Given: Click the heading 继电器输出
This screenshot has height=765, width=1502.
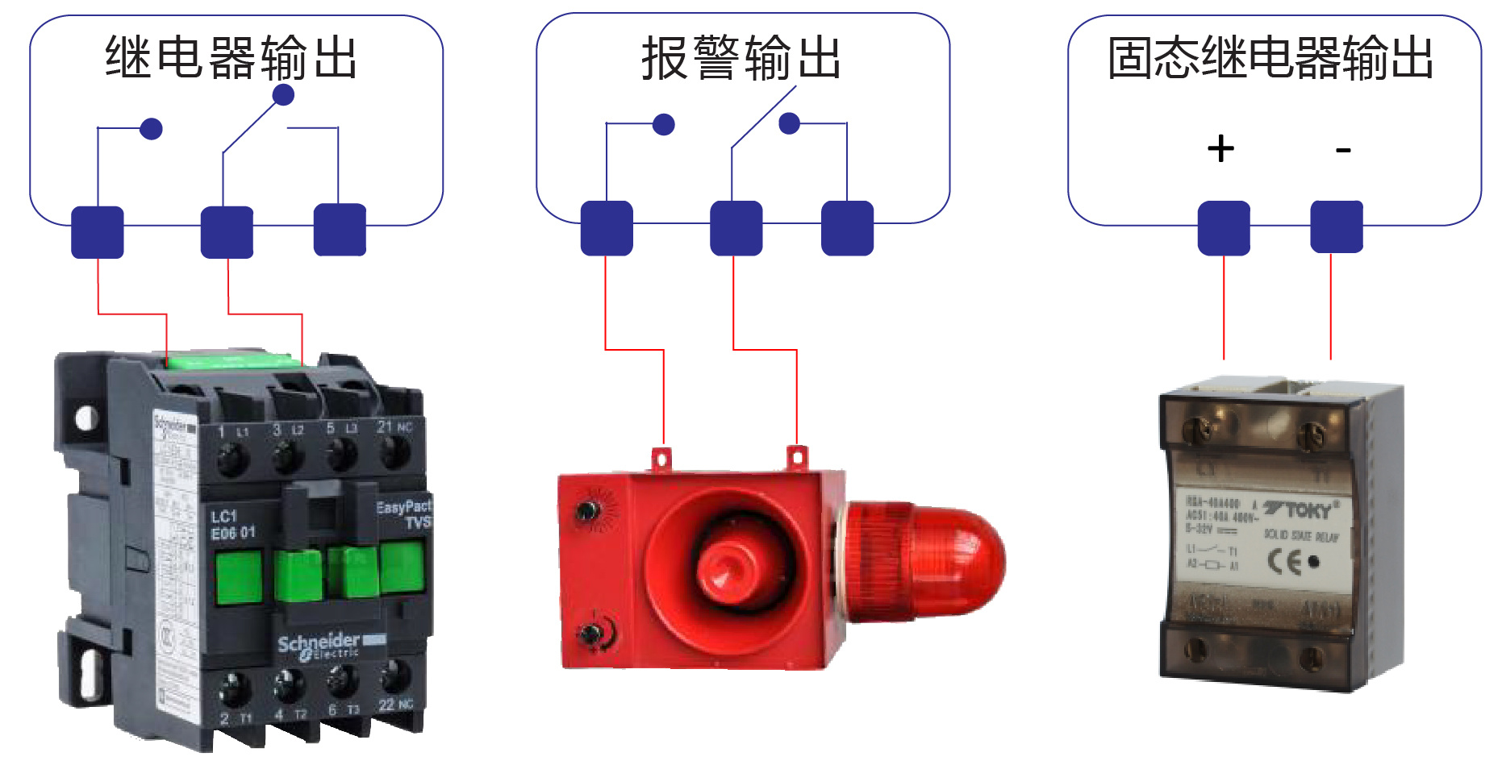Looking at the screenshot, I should click(232, 58).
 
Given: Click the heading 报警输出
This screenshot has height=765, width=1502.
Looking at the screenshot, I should click(741, 58).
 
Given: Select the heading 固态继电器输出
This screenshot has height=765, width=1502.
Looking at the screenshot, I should click(1270, 58).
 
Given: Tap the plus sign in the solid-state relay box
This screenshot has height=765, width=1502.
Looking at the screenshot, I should click(1220, 149).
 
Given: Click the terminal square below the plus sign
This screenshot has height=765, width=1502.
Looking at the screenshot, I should click(1224, 228).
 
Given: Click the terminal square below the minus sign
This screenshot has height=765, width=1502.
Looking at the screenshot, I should click(1337, 227).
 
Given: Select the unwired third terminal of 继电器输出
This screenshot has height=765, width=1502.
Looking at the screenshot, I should click(340, 230).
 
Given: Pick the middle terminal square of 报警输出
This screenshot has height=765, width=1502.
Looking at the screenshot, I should click(736, 228).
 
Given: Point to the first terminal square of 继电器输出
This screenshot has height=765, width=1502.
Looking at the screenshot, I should click(98, 232).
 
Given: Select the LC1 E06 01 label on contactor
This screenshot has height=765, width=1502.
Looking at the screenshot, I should click(233, 525).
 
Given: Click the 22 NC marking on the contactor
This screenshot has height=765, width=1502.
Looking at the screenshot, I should click(395, 705).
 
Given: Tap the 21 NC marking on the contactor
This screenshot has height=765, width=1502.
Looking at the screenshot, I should click(394, 426).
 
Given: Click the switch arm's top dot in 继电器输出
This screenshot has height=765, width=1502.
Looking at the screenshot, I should click(283, 95).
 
